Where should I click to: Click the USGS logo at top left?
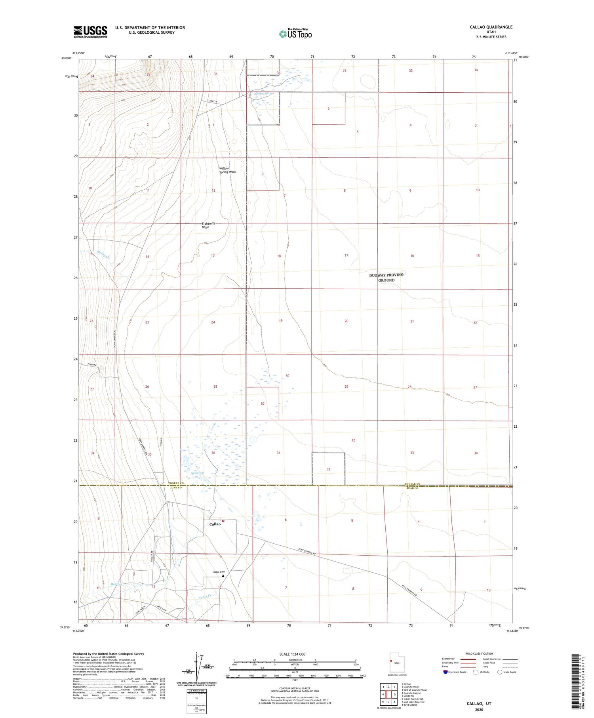point(90,32)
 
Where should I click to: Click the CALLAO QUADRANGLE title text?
point(491,27)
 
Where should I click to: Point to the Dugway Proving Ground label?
point(386,277)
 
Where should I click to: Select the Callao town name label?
point(215,524)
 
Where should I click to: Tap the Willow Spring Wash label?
point(227,170)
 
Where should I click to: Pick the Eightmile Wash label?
point(208,225)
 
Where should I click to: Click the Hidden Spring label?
point(264,93)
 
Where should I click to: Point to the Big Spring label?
point(197,473)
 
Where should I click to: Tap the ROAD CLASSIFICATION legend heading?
point(479,653)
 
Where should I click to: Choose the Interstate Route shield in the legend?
point(445,672)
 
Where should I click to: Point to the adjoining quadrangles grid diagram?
point(389,694)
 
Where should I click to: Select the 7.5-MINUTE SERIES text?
point(491,37)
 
